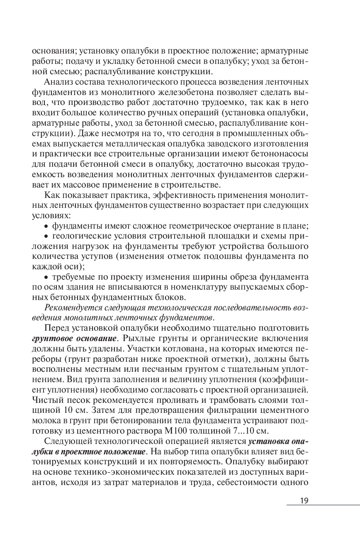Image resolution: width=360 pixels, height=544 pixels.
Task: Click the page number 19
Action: coord(304,500)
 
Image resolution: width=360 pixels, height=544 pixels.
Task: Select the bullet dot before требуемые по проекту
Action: coord(47,277)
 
